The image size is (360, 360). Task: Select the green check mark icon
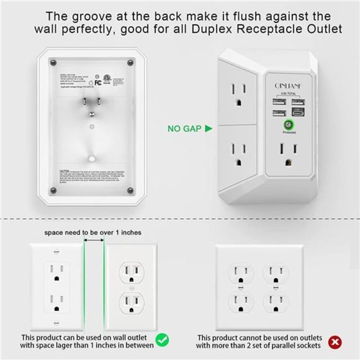coord(162,340)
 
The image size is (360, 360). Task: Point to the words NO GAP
coord(184,129)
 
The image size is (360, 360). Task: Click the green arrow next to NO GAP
coord(209,129)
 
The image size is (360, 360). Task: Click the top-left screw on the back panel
coord(53,63)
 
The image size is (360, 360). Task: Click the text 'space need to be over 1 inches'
coord(92,232)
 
